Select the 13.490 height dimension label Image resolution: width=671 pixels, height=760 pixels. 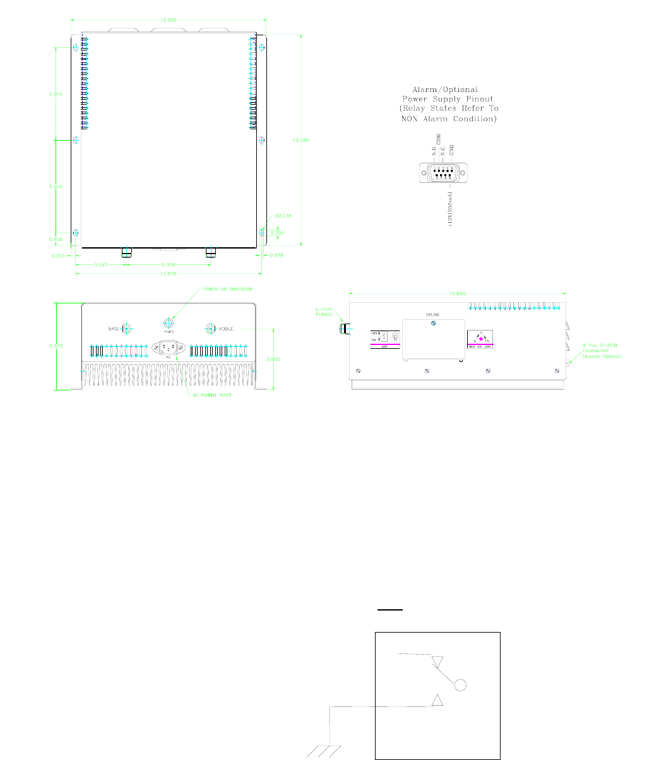click(x=300, y=140)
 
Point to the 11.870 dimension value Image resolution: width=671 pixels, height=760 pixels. click(x=168, y=272)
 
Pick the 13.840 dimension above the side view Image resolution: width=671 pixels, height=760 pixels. click(x=456, y=293)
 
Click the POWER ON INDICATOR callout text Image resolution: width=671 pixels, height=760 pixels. click(x=227, y=289)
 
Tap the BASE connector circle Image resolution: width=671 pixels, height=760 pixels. click(x=127, y=329)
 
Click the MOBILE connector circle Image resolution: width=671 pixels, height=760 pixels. click(x=210, y=329)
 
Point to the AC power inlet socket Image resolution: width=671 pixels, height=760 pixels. click(x=168, y=348)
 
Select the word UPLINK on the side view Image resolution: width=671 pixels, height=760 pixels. click(x=432, y=314)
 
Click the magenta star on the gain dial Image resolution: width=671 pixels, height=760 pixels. click(x=480, y=339)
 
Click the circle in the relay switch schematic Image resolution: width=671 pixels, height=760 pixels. click(x=461, y=685)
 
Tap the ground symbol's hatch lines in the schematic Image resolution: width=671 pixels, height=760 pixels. click(x=324, y=751)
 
